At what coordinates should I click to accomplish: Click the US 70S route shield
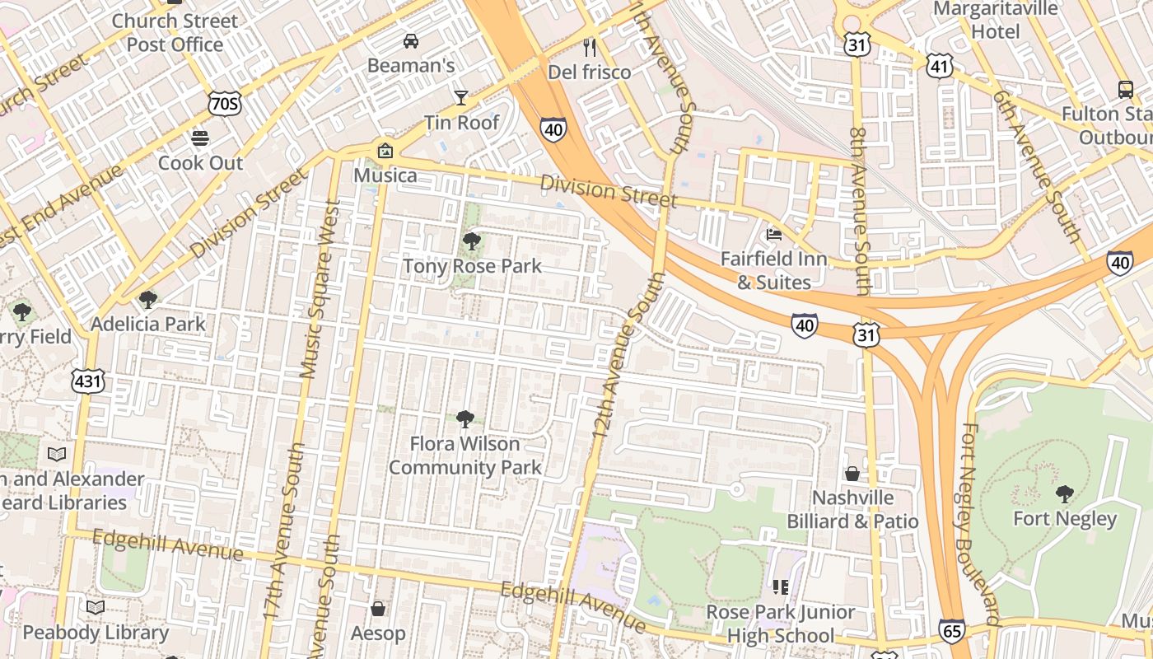pos(225,103)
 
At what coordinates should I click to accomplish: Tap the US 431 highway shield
pos(88,381)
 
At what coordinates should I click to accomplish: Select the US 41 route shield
pos(940,66)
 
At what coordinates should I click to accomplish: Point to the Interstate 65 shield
pos(951,632)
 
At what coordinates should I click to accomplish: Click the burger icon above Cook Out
pos(200,138)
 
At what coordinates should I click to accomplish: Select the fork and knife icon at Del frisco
pos(590,48)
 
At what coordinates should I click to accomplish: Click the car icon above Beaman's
pos(410,40)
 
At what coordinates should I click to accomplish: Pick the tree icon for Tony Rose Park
pos(472,241)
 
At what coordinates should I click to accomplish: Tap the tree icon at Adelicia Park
pos(148,299)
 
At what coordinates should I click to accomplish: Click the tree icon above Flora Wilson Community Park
pos(465,419)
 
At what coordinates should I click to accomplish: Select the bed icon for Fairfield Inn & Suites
pos(773,234)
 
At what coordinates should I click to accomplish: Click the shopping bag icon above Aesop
pos(378,609)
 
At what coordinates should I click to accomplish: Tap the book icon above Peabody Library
pos(96,608)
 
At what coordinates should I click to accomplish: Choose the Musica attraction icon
pos(385,151)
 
